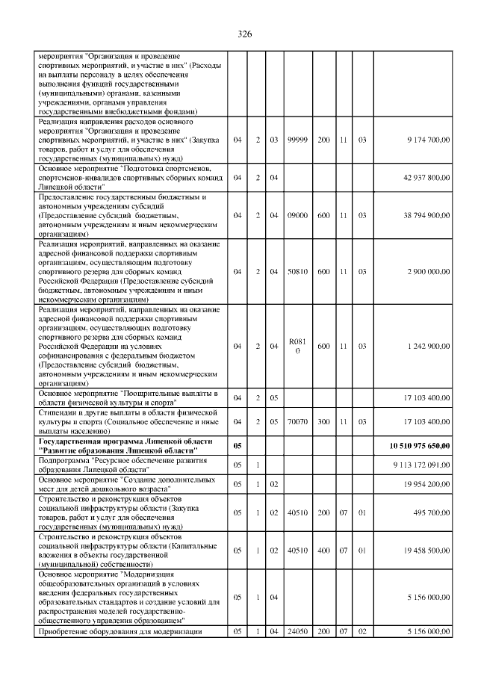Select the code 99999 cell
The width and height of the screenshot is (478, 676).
coord(297,140)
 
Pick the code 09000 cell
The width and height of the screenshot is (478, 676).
coord(297,214)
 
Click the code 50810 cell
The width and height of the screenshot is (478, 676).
coord(297,271)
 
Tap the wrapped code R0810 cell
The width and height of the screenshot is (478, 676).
coord(297,346)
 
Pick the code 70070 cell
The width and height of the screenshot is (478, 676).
coord(297,421)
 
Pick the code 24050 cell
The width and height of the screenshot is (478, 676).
coord(297,632)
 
